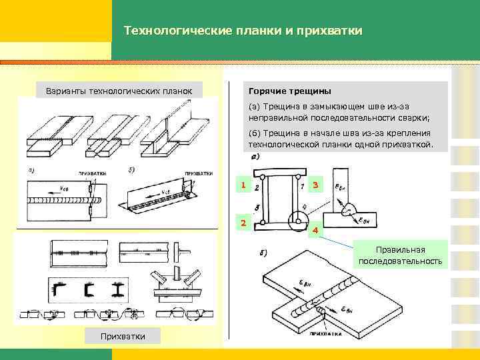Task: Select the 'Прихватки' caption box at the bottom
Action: (123, 335)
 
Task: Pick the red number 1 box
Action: (244, 185)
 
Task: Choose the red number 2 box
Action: (244, 223)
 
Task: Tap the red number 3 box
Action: (315, 185)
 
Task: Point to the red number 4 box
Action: (315, 231)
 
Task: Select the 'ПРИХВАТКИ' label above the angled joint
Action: (198, 173)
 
